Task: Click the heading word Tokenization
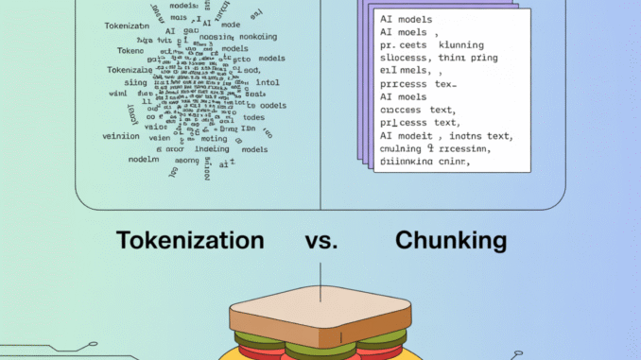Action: click(189, 241)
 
